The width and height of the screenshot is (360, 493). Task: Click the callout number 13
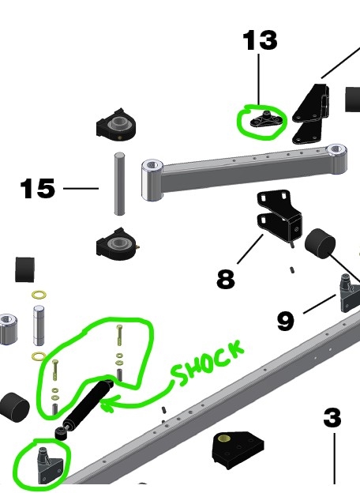coord(260,40)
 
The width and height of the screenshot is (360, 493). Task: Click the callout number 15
coord(37,188)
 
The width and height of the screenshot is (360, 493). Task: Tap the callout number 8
coord(226,279)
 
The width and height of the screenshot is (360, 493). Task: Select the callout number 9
coord(286,321)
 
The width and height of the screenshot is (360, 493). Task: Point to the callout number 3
coord(332,418)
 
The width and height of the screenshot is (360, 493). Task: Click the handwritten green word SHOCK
coord(208,362)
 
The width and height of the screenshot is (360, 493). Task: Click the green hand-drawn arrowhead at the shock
coord(106,404)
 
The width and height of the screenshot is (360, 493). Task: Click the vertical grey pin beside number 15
coord(119,184)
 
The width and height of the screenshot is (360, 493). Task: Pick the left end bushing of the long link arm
coord(152,180)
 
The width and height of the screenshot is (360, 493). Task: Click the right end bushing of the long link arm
coord(336,158)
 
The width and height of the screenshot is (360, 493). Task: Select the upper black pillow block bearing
coord(116,124)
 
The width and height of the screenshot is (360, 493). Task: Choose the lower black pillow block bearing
coord(117,244)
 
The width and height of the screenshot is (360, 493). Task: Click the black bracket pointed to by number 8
coord(279,215)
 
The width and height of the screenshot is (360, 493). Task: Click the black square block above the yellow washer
coord(24,269)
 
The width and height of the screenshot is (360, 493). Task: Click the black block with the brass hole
coord(238,449)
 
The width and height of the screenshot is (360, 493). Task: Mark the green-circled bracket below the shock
coord(50,465)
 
